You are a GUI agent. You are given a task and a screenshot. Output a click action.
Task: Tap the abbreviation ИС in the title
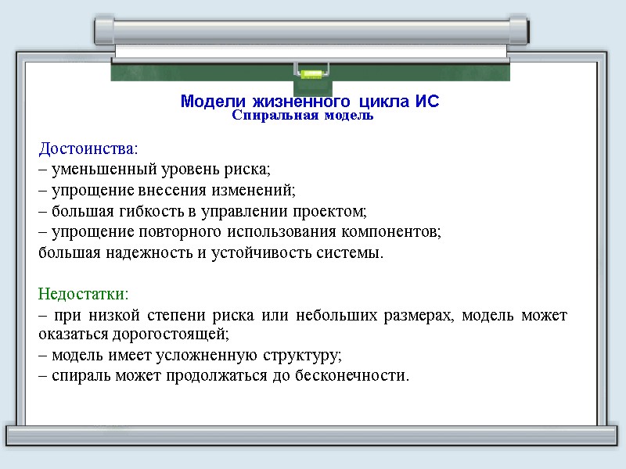(x=428, y=102)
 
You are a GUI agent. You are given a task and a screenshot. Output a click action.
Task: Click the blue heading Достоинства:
(x=88, y=148)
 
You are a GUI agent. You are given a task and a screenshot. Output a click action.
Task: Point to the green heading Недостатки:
(x=83, y=295)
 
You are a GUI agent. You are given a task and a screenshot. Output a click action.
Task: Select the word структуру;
(x=303, y=356)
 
